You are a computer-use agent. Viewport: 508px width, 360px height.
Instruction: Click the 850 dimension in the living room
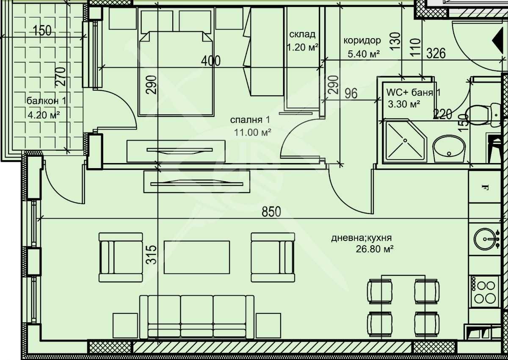pyautogui.click(x=271, y=212)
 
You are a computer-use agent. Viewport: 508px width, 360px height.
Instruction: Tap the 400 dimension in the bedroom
pyautogui.click(x=210, y=61)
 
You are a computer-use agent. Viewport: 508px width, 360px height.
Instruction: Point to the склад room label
pyautogui.click(x=302, y=35)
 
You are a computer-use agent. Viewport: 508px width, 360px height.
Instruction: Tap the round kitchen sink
pyautogui.click(x=485, y=239)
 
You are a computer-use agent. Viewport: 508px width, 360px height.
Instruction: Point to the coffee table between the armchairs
pyautogui.click(x=197, y=257)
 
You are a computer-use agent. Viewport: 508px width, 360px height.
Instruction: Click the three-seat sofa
pyautogui.click(x=197, y=317)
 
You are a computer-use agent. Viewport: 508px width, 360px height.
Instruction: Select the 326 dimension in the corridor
pyautogui.click(x=436, y=53)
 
